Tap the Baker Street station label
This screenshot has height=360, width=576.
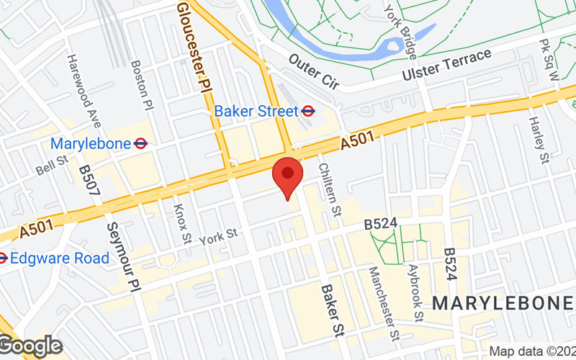point(256,112)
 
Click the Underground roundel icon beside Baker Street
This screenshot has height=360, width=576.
point(308,112)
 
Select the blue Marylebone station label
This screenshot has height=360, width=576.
point(89,143)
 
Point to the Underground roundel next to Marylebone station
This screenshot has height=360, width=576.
point(141,143)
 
